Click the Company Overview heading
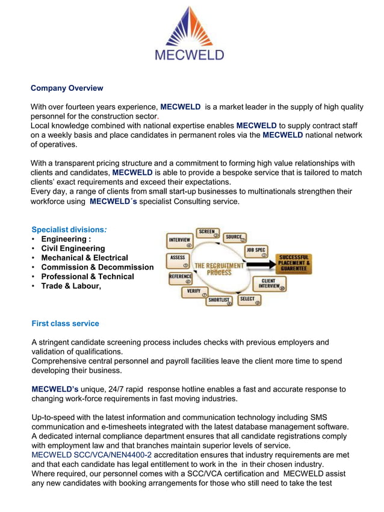point(67,88)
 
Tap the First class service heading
point(65,324)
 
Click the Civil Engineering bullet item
point(73,248)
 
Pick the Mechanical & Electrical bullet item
point(84,258)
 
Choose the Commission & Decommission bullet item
point(97,267)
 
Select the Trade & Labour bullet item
point(71,286)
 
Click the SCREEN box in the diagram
point(207,233)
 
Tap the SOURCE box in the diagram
point(234,238)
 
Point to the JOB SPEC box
point(256,250)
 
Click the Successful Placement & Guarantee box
point(294,264)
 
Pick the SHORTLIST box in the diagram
point(219,300)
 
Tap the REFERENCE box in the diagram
point(180,278)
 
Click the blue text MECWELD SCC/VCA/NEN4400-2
point(91,455)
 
